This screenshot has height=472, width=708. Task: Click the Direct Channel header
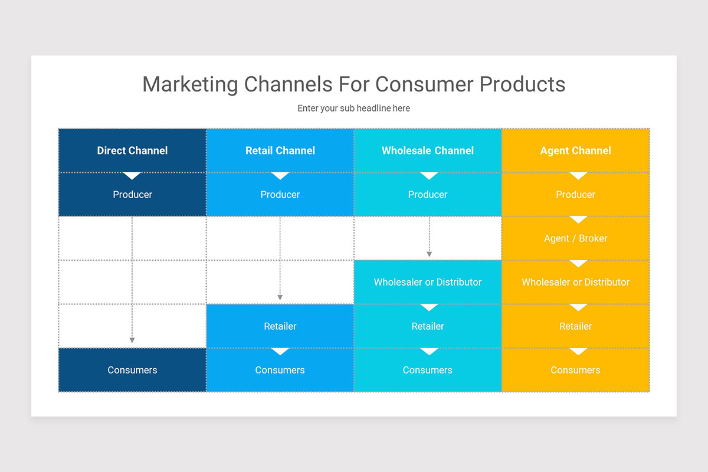(x=132, y=150)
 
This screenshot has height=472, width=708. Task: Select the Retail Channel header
(x=280, y=150)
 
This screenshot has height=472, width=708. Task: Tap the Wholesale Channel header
(x=428, y=150)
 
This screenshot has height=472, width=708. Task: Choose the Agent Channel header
(x=575, y=150)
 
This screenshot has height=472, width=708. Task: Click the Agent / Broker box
(x=575, y=238)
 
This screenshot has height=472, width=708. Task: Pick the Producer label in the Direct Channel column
(x=132, y=195)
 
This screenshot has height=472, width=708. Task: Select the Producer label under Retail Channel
(x=280, y=195)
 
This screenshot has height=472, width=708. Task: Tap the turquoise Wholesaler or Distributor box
(x=428, y=282)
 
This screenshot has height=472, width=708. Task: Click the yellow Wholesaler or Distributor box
(x=575, y=282)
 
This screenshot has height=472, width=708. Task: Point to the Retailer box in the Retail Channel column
(x=280, y=326)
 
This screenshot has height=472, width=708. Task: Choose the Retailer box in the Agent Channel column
(x=575, y=326)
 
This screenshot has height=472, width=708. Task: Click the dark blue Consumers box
(x=132, y=370)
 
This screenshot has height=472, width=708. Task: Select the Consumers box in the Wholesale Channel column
(x=428, y=370)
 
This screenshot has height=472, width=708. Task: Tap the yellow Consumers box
(x=575, y=370)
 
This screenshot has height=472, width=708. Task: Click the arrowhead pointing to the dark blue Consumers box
(x=132, y=340)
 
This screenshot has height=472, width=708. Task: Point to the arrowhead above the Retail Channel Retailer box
(x=280, y=297)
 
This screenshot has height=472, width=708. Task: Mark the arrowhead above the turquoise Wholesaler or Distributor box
(x=430, y=254)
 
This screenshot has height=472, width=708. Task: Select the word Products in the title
(x=522, y=84)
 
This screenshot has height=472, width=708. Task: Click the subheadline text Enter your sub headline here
(x=353, y=109)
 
